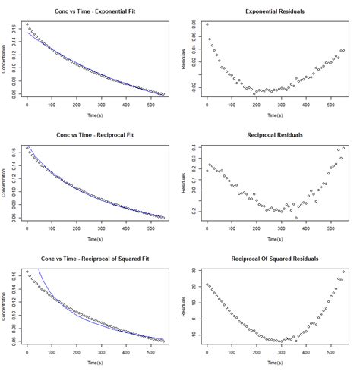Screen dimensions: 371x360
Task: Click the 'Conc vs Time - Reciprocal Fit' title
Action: [x=94, y=134]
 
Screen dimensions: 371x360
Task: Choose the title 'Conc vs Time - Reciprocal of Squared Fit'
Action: [x=94, y=259]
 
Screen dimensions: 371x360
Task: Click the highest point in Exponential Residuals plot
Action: [x=207, y=24]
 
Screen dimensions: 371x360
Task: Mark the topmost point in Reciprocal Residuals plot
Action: [x=344, y=148]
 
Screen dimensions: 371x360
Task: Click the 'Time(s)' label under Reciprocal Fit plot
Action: [x=94, y=238]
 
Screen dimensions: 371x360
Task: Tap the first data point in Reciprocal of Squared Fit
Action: [x=27, y=272]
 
